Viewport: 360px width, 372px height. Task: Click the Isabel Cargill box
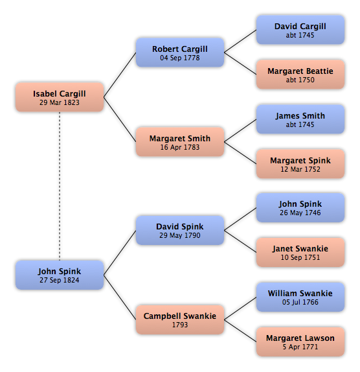60,97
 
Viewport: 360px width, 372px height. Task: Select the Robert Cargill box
180,52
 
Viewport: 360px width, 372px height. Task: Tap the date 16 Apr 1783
180,147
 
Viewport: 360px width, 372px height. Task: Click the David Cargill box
300,30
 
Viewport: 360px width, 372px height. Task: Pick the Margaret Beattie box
300,75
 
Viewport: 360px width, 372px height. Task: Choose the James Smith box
300,119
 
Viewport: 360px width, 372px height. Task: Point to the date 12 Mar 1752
300,169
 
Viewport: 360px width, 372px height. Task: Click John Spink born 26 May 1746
300,207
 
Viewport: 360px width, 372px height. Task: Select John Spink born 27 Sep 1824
60,275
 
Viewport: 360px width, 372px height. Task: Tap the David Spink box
180,230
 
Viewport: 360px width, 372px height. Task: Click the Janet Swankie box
300,253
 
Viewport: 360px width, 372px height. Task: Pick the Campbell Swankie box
180,320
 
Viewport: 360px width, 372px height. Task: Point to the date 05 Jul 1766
300,302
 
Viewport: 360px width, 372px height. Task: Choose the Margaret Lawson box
300,342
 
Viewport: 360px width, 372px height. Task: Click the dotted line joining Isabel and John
60,186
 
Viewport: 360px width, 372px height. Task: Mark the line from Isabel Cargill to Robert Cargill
120,75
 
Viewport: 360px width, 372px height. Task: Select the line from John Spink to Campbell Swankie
120,297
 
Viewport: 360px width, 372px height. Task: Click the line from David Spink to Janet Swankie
240,242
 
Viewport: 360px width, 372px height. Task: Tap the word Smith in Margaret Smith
197,138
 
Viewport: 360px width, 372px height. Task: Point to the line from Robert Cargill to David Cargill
240,41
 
